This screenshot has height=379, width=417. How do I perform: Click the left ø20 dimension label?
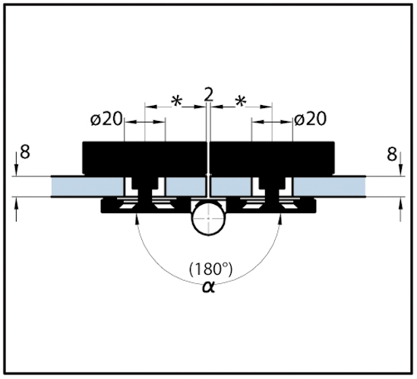(x=106, y=119)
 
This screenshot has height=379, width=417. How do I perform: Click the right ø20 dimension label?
(x=310, y=119)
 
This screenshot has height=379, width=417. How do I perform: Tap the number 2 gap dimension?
(x=209, y=94)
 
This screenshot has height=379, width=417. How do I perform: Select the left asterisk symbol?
(x=176, y=101)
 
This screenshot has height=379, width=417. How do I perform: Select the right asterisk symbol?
(x=241, y=101)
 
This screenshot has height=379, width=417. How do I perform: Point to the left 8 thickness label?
(x=25, y=153)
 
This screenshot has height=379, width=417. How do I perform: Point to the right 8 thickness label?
(x=392, y=154)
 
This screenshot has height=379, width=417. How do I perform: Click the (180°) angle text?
(x=210, y=269)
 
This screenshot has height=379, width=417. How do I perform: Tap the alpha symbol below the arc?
(x=208, y=288)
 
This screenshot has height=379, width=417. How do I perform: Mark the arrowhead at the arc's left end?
(x=137, y=220)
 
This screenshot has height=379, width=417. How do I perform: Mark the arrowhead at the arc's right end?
(x=280, y=220)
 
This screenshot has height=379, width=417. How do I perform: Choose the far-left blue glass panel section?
(x=87, y=186)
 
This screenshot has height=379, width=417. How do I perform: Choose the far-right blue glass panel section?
(x=330, y=186)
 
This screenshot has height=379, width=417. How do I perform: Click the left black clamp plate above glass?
(x=144, y=158)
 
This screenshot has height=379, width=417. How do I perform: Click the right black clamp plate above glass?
(x=273, y=158)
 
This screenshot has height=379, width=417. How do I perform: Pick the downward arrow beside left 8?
(x=17, y=163)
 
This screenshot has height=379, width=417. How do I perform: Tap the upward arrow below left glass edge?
(x=17, y=209)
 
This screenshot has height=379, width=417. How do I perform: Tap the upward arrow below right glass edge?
(x=401, y=209)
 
